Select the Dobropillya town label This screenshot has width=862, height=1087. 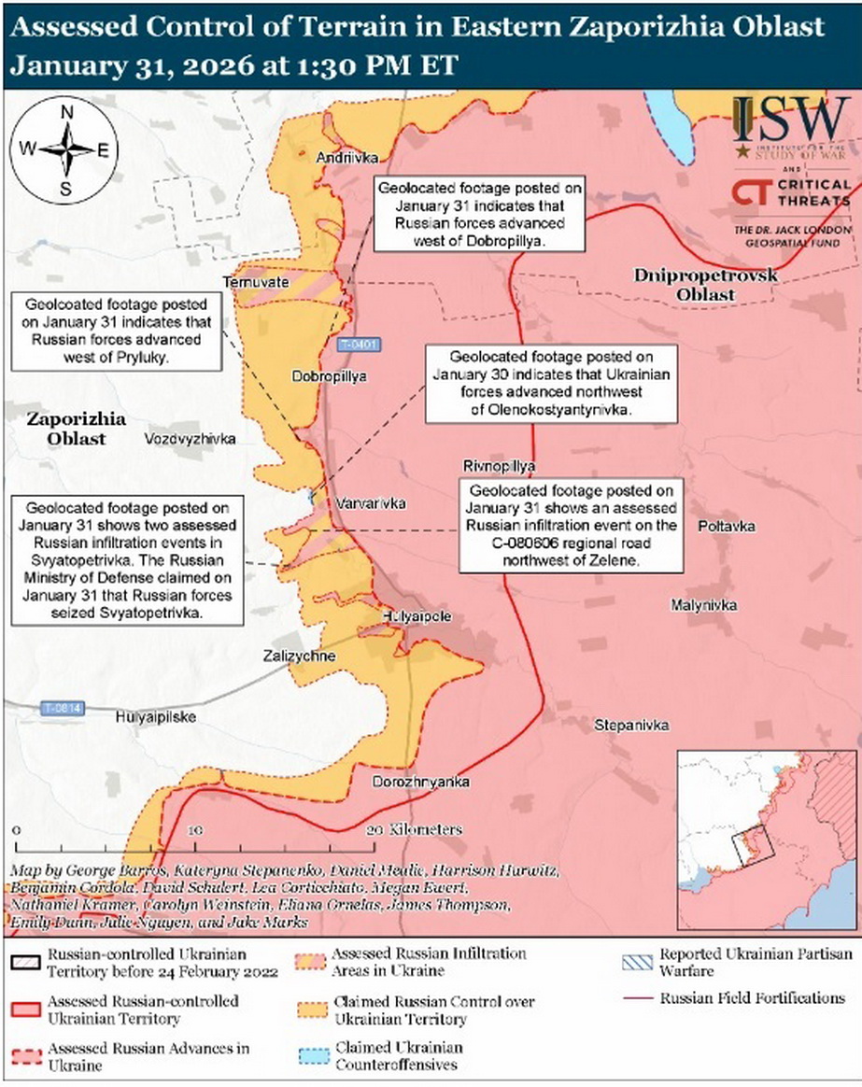[329, 376]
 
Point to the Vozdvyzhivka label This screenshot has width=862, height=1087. [191, 438]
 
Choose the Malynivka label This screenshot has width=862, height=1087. [703, 606]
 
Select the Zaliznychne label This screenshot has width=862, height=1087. [299, 656]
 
